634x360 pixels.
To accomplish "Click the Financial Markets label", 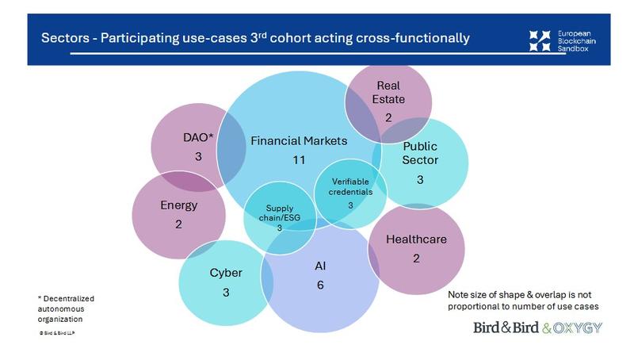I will tap(299, 141).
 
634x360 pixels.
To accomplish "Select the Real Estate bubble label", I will tap(390, 93).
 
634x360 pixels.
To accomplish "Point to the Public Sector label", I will tap(420, 153).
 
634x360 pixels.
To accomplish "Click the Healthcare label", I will tap(416, 239).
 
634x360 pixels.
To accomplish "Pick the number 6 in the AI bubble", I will tap(320, 285).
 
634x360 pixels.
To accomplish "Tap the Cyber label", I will tap(226, 273).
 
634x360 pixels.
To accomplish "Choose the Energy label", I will tap(178, 205).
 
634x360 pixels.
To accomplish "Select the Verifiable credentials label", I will tap(349, 186).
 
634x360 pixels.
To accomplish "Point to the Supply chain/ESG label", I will tap(279, 213).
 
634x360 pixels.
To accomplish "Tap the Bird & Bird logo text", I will tap(506, 327).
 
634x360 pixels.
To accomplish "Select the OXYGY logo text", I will tap(582, 327).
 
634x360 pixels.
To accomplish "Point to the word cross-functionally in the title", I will tap(412, 38).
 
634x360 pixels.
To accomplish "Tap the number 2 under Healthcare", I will tap(416, 259).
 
